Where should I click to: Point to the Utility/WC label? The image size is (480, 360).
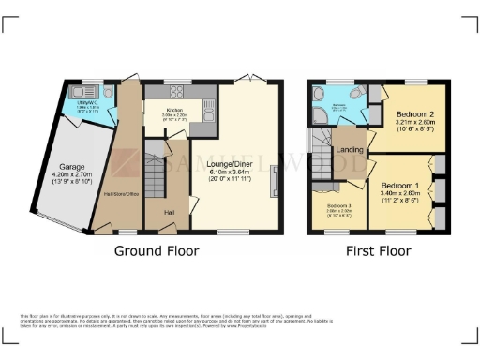[x=88, y=106]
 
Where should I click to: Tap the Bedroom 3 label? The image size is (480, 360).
[x=339, y=205]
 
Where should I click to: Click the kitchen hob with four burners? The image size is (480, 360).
[x=175, y=91]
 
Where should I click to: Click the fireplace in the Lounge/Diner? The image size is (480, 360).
[x=274, y=179]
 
